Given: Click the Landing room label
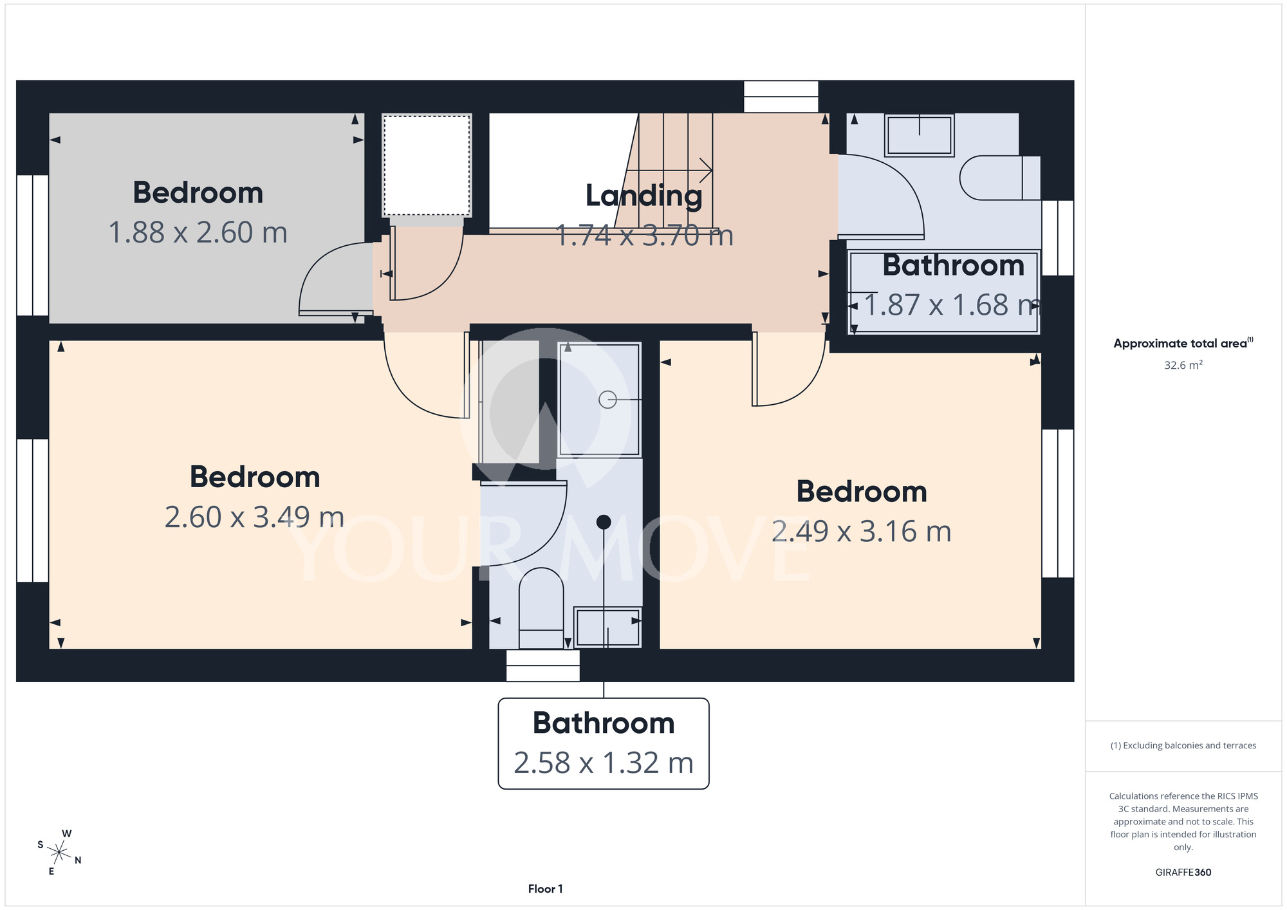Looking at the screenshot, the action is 643,196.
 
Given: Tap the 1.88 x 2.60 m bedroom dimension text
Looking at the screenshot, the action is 198,233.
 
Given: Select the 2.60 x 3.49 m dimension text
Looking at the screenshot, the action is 254,517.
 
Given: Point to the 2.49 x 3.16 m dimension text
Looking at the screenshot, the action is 861,532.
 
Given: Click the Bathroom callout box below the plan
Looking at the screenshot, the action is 604,743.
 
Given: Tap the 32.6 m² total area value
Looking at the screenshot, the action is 1183,365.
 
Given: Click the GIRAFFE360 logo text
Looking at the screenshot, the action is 1183,873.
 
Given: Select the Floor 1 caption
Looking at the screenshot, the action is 545,889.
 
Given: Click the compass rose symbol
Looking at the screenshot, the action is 59,853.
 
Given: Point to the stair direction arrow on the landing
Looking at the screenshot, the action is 669,171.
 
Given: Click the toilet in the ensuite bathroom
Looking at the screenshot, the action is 541,608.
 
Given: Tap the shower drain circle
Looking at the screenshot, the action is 607,400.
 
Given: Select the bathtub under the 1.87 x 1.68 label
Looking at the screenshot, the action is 943,292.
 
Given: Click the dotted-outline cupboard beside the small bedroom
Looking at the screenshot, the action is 427,165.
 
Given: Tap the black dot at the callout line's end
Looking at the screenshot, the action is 604,522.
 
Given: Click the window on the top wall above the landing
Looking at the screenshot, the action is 781,97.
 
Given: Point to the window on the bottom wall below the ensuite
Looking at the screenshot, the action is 542,665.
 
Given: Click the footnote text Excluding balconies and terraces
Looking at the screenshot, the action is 1183,745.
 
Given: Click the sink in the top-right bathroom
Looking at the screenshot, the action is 920,135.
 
